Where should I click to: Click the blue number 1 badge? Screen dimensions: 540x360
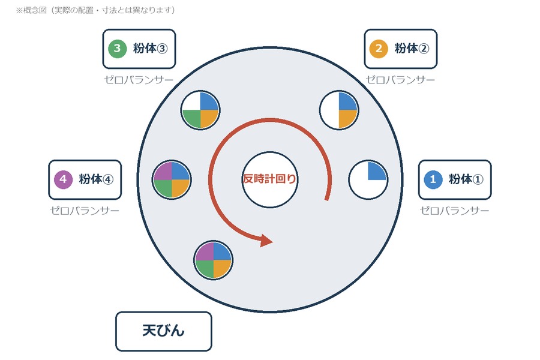pos(433,179)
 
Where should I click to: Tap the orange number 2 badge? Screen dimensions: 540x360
pos(379,49)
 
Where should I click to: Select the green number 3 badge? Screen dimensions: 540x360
pos(117,49)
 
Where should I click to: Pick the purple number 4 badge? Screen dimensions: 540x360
pos(63,179)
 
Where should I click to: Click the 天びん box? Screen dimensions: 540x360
pos(164,331)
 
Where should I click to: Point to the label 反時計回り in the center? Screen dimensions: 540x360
pos(269,179)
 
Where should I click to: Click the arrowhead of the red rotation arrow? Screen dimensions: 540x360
pos(266,240)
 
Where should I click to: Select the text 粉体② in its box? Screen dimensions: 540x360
pos(412,49)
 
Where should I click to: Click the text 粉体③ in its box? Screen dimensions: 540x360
pos(151,49)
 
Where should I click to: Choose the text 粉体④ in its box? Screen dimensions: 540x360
pos(96,179)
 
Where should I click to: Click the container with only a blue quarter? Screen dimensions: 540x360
pos(368,179)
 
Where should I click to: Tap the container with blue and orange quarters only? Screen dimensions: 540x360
pos(339,110)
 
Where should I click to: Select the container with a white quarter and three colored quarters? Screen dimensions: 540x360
pos(200,110)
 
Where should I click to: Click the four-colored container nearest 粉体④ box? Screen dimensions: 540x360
pos(172,179)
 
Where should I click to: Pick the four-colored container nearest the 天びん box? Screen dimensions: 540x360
pos(213,260)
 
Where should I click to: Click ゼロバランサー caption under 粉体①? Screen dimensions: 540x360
pos(455,211)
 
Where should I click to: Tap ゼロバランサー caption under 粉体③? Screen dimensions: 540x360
pos(139,80)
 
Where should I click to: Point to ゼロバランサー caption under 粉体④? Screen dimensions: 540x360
pos(85,211)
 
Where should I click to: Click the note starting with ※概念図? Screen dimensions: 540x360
pos(95,10)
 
